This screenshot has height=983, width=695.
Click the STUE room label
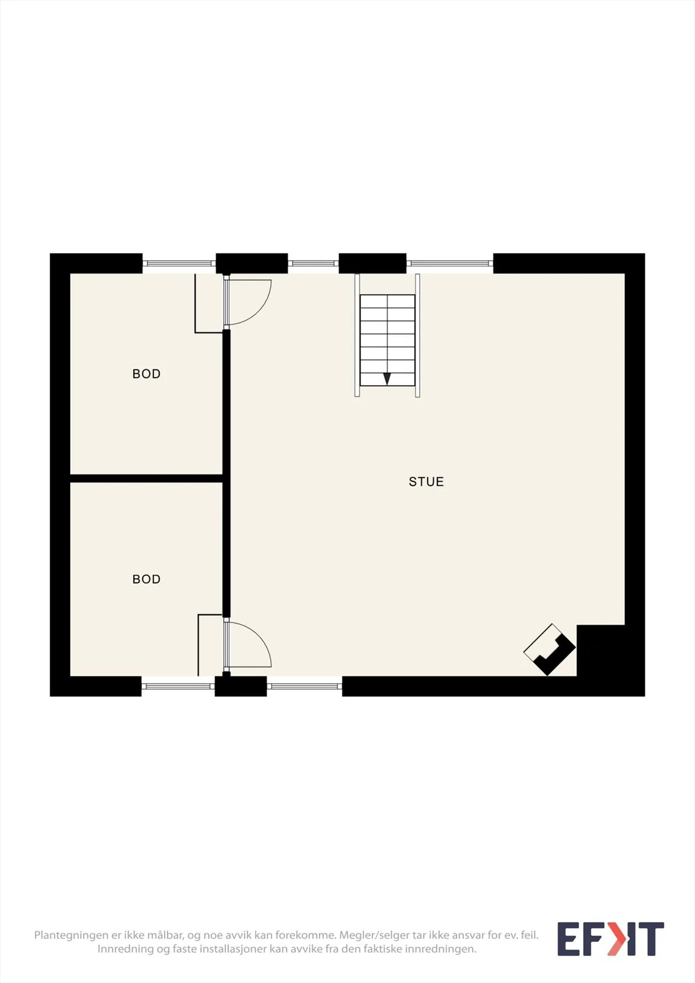pyautogui.click(x=426, y=482)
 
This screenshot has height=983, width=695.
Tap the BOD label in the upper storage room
pyautogui.click(x=146, y=374)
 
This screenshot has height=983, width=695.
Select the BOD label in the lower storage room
pyautogui.click(x=146, y=579)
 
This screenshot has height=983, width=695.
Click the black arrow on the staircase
pyautogui.click(x=387, y=378)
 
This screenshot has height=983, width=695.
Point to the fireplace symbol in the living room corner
pyautogui.click(x=549, y=649)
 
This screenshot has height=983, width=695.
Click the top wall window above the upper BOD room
pyautogui.click(x=179, y=264)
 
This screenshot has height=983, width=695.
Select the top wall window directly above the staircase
pyautogui.click(x=313, y=264)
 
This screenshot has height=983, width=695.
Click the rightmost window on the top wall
pyautogui.click(x=450, y=264)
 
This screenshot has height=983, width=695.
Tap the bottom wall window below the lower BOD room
pyautogui.click(x=178, y=686)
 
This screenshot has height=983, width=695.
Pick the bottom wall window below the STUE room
pyautogui.click(x=304, y=686)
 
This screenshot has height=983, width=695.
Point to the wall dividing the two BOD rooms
pyautogui.click(x=147, y=479)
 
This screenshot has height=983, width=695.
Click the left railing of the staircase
pyautogui.click(x=357, y=335)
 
